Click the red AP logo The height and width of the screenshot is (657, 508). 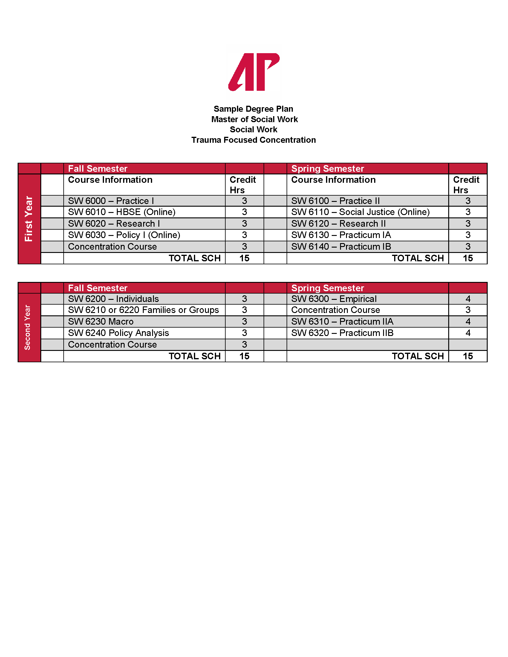[x=254, y=72]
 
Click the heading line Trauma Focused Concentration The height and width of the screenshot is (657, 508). [x=253, y=140]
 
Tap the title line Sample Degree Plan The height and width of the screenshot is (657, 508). [x=253, y=109]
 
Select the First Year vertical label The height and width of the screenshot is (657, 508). [x=29, y=219]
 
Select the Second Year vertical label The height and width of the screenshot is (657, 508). [x=28, y=327]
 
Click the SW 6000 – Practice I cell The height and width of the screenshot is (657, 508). [x=111, y=201]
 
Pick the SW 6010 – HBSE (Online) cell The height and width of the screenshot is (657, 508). [x=122, y=212]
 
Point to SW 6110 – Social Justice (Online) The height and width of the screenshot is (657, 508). [x=360, y=212]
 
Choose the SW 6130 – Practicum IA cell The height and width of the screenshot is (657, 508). [x=341, y=235]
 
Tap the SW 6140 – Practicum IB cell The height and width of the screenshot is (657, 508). [x=341, y=247]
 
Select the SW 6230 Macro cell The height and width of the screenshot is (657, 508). [x=101, y=322]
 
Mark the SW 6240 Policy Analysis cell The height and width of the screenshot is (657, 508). [x=119, y=333]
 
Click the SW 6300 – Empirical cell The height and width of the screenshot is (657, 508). [x=334, y=299]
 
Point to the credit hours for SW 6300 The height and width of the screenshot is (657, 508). [x=468, y=299]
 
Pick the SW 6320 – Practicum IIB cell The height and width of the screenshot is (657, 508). [x=342, y=333]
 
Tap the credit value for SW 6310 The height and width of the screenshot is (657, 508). [x=468, y=322]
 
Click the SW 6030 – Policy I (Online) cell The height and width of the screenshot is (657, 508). [x=124, y=235]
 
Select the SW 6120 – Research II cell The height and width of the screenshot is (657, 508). [x=338, y=223]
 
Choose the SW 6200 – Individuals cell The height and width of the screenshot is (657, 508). [x=114, y=299]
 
